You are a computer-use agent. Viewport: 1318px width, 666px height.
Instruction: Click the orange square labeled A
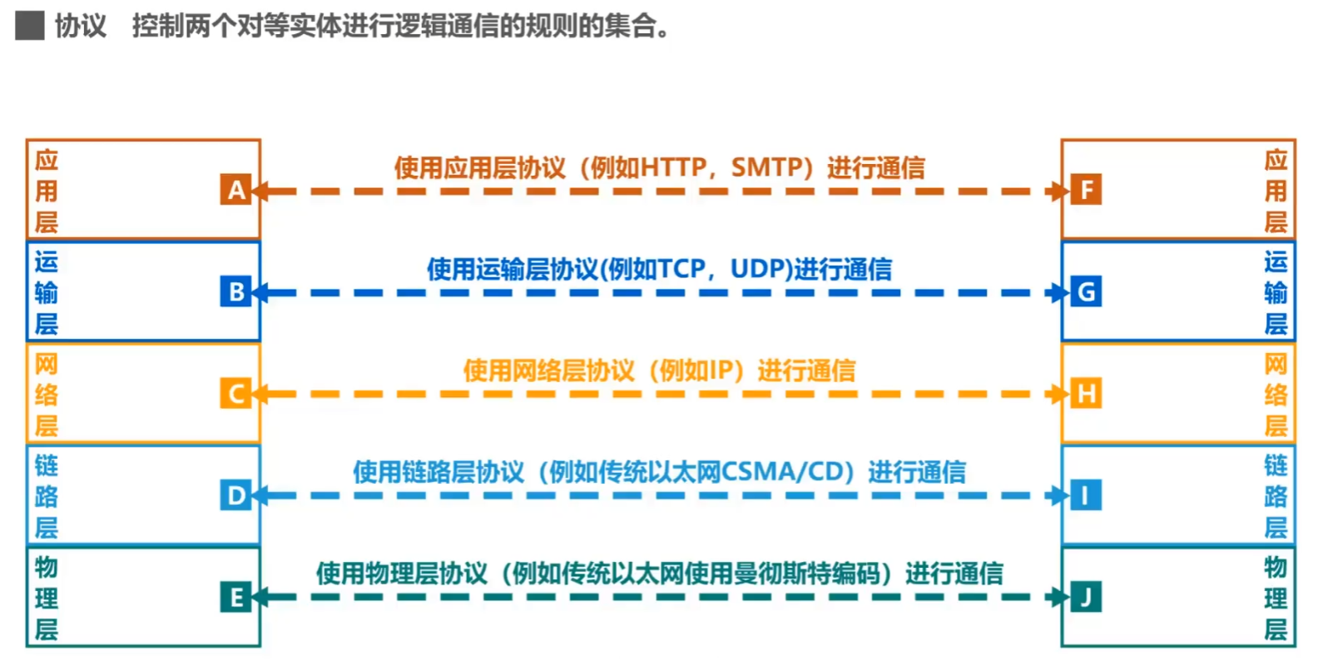point(235,190)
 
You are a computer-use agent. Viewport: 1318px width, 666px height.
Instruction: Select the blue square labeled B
point(235,291)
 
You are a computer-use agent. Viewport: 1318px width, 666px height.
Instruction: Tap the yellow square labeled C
point(235,393)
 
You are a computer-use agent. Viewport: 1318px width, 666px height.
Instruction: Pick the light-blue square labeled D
point(235,495)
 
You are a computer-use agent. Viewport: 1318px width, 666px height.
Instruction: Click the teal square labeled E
point(235,597)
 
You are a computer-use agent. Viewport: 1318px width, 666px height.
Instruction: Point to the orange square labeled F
point(1085,190)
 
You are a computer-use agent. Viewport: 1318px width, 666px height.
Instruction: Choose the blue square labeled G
point(1085,291)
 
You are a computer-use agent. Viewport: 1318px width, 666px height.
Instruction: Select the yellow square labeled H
point(1085,393)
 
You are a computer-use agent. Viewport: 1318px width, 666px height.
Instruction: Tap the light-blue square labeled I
point(1085,495)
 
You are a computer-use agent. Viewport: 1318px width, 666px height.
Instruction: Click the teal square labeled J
point(1085,597)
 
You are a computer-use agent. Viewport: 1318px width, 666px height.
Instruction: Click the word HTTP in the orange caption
point(673,167)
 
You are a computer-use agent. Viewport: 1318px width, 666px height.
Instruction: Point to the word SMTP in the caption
point(766,167)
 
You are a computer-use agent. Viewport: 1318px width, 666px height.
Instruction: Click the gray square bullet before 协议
point(30,26)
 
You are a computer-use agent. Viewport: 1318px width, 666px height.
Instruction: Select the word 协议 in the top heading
point(81,26)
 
